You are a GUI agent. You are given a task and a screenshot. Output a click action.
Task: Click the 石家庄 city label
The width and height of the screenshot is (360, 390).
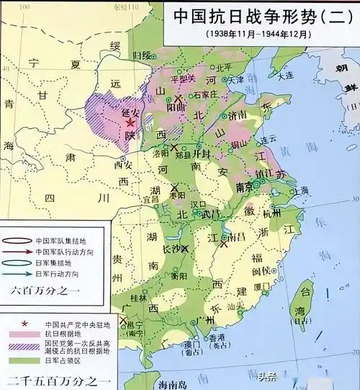205,95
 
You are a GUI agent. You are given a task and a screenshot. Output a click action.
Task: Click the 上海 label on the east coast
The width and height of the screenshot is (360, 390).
299,190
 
